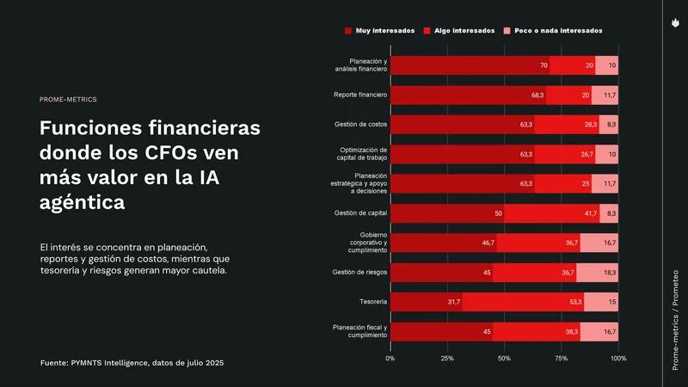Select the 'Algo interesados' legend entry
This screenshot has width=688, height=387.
coord(464,30)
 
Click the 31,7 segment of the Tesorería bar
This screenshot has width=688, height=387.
coord(427,302)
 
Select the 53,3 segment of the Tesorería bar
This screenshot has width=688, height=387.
coord(523,302)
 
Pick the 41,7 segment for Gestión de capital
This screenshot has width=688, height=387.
coord(551,213)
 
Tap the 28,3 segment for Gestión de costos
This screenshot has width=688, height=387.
coord(567,125)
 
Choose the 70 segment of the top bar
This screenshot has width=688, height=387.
coord(470,65)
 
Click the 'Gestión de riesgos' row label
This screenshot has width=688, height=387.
coord(360,273)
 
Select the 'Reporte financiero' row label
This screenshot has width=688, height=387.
coord(360,95)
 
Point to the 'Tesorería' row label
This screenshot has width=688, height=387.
coord(372,302)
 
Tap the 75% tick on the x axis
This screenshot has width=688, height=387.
coord(561,357)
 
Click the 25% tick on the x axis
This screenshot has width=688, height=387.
coord(447,357)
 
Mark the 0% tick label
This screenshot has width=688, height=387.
coord(390,357)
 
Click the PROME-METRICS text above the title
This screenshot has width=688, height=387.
coord(69,100)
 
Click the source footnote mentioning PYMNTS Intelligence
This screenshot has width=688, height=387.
coord(132,364)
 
